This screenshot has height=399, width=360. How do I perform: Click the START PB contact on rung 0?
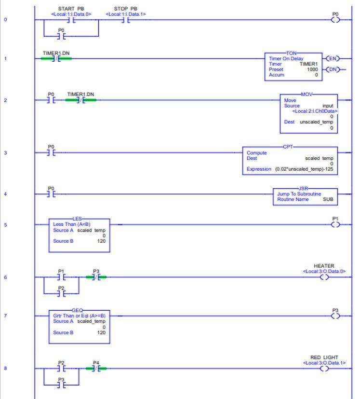point(71,20)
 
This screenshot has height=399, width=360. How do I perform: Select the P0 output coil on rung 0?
point(335,20)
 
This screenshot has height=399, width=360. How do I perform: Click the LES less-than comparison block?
point(80,235)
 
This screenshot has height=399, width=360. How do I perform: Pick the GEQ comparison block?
point(80,326)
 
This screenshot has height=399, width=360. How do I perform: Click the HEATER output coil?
point(324,277)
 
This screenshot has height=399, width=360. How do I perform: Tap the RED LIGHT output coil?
point(324,369)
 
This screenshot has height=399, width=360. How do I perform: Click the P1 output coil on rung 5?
point(335,225)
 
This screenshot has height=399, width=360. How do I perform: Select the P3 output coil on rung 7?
point(335,316)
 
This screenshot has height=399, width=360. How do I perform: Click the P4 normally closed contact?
point(96,369)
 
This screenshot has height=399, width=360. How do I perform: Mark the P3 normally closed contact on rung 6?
point(96,277)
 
